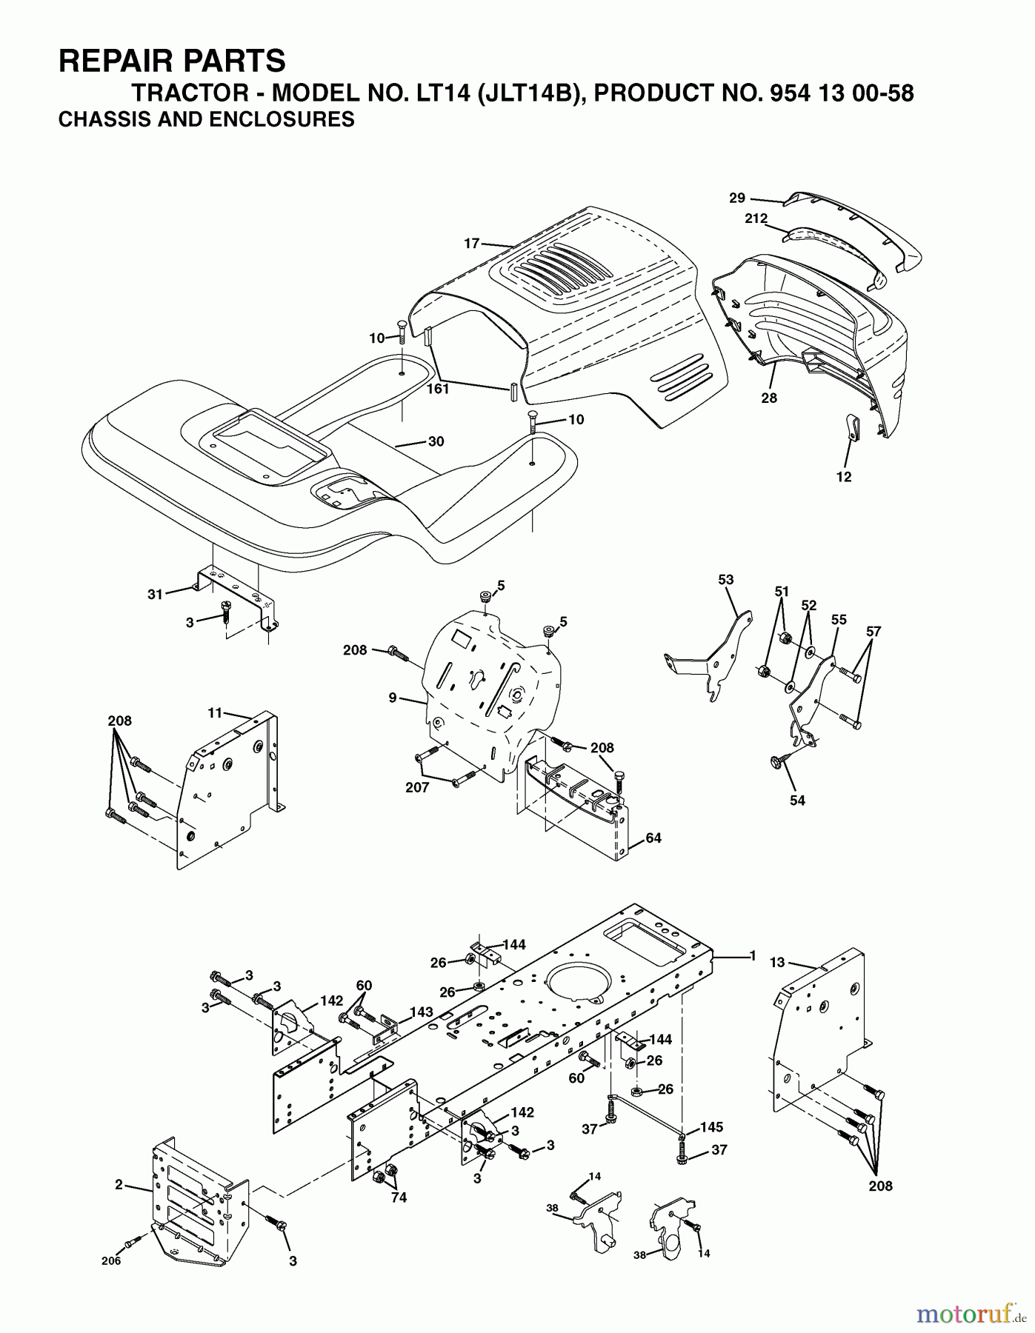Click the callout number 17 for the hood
(472, 243)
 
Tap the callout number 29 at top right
(736, 198)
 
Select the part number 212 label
(756, 218)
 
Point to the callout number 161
(438, 388)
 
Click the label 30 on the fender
(436, 441)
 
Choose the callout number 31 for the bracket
(155, 594)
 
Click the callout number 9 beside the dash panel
(393, 697)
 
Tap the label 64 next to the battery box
(653, 838)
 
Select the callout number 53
(725, 579)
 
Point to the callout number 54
(797, 800)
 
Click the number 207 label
(417, 787)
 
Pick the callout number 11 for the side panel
(215, 712)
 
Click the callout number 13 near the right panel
(776, 962)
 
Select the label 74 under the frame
(399, 1197)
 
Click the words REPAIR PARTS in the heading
(171, 60)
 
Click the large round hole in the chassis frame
(582, 979)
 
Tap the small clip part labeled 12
(851, 428)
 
